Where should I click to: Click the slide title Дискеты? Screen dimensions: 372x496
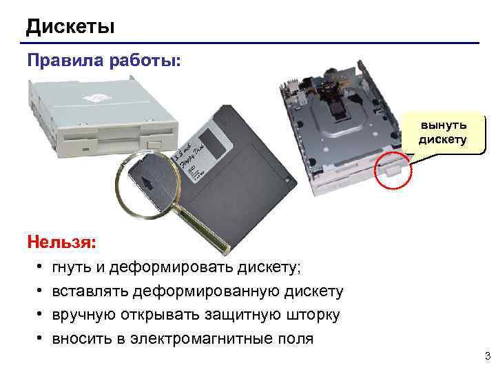(x=70, y=27)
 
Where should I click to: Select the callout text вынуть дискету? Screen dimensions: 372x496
(x=444, y=132)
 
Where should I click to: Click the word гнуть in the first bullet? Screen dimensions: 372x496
(x=76, y=267)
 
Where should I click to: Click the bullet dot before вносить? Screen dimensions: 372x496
(x=41, y=338)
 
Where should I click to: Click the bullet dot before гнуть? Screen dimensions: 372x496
(x=41, y=267)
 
